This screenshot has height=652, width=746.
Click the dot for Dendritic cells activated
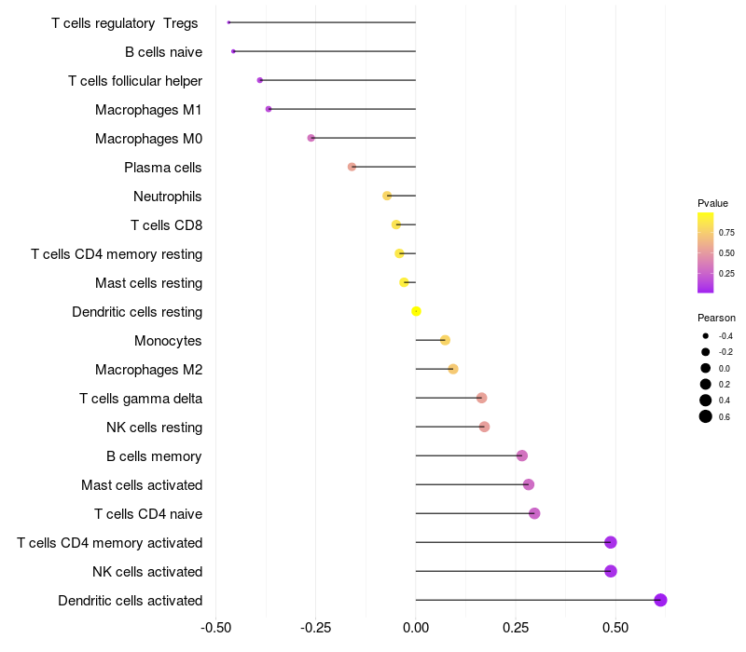pyautogui.click(x=660, y=600)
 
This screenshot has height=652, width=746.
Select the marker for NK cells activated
pyautogui.click(x=611, y=571)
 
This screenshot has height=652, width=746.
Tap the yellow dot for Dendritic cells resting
pyautogui.click(x=416, y=311)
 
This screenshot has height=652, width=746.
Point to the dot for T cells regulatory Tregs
pyautogui.click(x=228, y=22)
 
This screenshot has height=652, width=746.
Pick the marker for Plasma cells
pyautogui.click(x=352, y=167)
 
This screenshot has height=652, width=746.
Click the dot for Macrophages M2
pyautogui.click(x=453, y=369)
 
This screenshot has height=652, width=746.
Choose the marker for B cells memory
pyautogui.click(x=522, y=455)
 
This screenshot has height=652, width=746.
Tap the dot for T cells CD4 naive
pyautogui.click(x=534, y=513)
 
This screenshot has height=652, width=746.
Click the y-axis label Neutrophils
pyautogui.click(x=168, y=197)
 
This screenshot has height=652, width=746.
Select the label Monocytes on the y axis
pyautogui.click(x=168, y=341)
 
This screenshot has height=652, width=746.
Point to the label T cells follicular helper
pyautogui.click(x=135, y=81)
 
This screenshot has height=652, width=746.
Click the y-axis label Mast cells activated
pyautogui.click(x=142, y=485)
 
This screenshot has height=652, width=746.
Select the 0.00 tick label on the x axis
pyautogui.click(x=416, y=627)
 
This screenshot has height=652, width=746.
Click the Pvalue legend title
pyautogui.click(x=712, y=203)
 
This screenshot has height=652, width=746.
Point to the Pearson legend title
pyautogui.click(x=716, y=318)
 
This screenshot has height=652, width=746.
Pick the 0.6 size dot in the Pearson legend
pyautogui.click(x=706, y=416)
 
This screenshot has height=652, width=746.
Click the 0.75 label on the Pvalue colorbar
pyautogui.click(x=726, y=233)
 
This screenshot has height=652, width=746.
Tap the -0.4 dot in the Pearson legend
pyautogui.click(x=706, y=336)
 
